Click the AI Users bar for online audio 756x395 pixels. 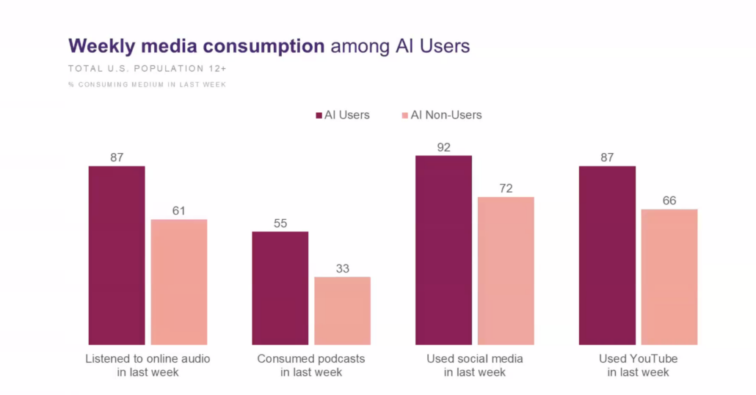[x=117, y=255]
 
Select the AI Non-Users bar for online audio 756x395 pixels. [x=179, y=281]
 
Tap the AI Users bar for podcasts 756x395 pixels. [x=280, y=288]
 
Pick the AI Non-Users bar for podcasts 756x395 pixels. [x=342, y=311]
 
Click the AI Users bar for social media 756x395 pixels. [x=443, y=250]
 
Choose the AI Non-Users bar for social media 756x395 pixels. [x=506, y=270]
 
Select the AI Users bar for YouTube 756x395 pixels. [x=607, y=255]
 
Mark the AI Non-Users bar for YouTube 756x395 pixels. [x=669, y=277]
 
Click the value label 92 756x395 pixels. [x=443, y=147]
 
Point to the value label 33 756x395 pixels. [x=342, y=268]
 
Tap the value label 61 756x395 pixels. [x=179, y=211]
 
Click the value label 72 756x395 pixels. [x=506, y=188]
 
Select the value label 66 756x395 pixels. [x=669, y=201]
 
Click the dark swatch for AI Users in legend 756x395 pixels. [x=319, y=115]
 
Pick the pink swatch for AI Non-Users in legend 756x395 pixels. [x=404, y=115]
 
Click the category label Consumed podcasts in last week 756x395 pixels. [x=311, y=366]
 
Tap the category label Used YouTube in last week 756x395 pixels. [x=638, y=366]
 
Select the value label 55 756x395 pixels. [x=280, y=223]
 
